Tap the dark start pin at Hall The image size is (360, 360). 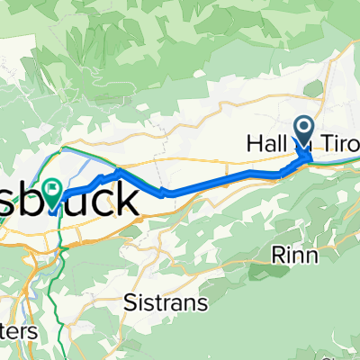(x=303, y=131)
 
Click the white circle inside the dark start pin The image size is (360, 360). (x=303, y=129)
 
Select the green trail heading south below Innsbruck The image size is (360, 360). (x=59, y=270)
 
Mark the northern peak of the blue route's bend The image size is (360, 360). (x=119, y=169)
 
